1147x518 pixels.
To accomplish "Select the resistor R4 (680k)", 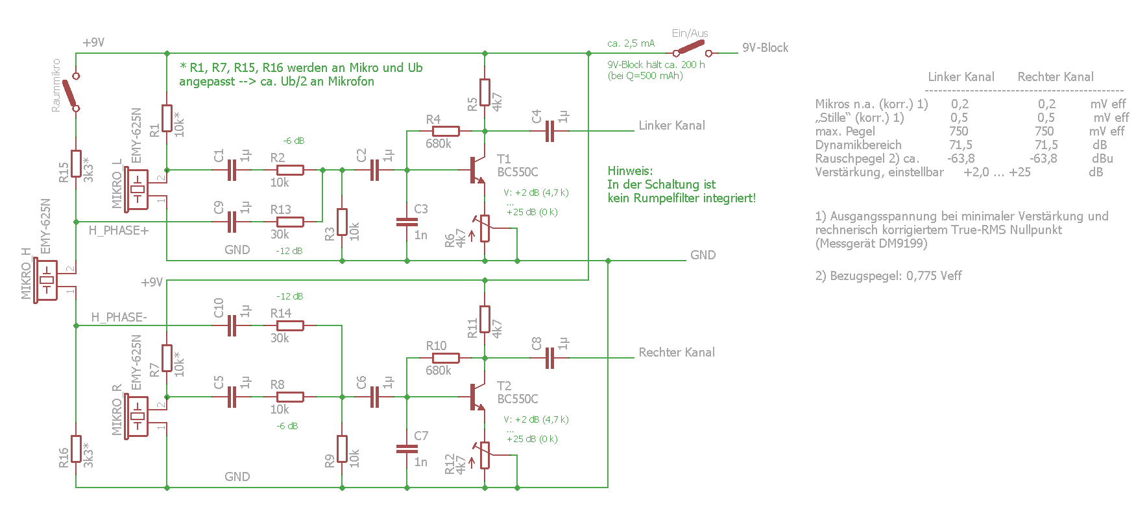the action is click(x=446, y=131).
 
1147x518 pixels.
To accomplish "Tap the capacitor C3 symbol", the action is click(x=407, y=222).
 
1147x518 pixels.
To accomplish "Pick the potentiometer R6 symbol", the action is click(x=484, y=228).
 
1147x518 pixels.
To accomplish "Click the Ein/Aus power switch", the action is click(x=692, y=49).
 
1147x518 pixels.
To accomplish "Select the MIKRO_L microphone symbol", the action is click(x=138, y=189).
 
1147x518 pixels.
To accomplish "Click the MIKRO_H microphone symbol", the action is click(x=47, y=280).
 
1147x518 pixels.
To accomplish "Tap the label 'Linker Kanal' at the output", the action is click(x=671, y=125).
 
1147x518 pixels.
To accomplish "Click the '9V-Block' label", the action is click(x=766, y=47).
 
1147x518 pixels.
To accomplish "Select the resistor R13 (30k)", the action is click(x=287, y=222).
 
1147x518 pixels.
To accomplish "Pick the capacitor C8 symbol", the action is click(x=549, y=358).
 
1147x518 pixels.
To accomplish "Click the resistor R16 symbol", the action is click(x=76, y=449).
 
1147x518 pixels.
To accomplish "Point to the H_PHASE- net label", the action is click(x=119, y=317).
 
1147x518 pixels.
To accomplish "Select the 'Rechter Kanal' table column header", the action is click(x=1056, y=77).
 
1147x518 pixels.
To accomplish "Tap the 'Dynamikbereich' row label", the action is click(x=858, y=145).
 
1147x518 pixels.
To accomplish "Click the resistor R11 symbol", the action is click(x=485, y=319).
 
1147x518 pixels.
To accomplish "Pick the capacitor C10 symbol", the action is click(x=232, y=325).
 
